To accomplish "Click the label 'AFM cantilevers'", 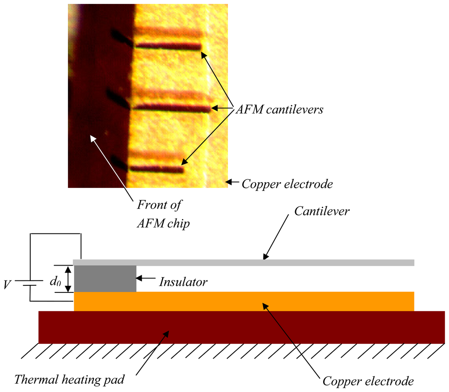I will [x=279, y=109].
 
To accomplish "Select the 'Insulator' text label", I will [x=183, y=282].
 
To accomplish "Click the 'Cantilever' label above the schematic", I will [x=322, y=211].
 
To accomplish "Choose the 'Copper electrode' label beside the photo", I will [x=287, y=184].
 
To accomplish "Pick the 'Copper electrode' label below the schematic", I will [x=368, y=380].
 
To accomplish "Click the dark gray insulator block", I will [x=105, y=278].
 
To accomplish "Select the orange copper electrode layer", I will [x=244, y=301].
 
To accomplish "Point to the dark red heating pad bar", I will [x=241, y=327].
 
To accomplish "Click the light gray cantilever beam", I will [x=244, y=263].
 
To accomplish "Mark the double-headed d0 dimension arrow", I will [x=68, y=279].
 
